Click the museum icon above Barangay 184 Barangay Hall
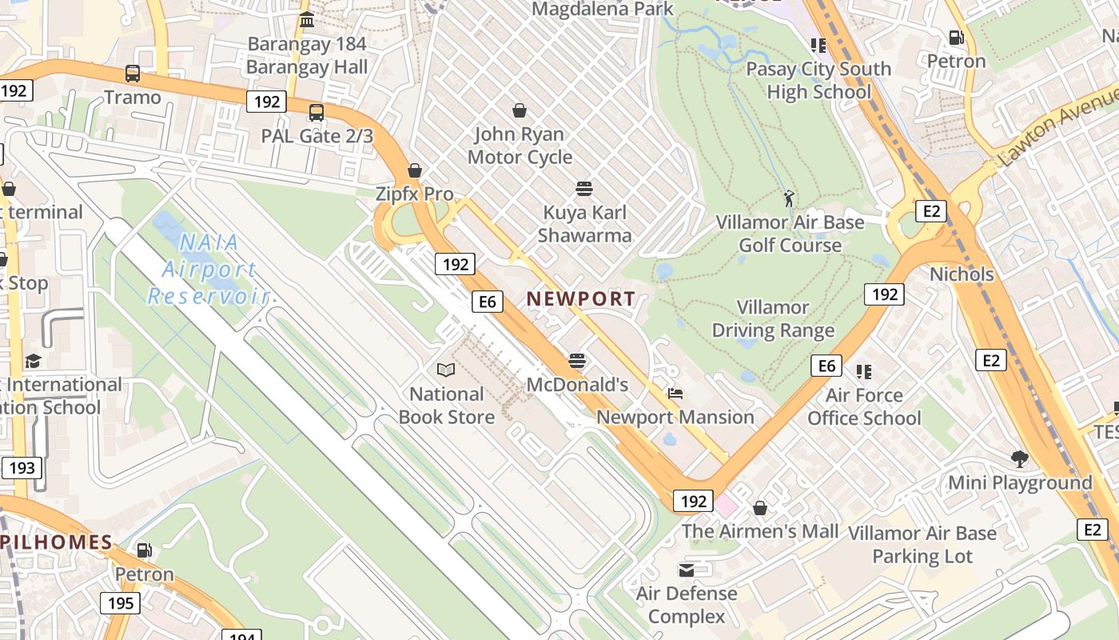pos(306,19)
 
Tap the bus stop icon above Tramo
pos(133,74)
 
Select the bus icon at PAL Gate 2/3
pos(317,113)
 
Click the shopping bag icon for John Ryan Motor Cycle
pos(520,110)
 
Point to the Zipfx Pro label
pos(414,194)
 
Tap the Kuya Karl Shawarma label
pos(584,224)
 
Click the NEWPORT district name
pos(581,298)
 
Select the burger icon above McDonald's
pos(577,362)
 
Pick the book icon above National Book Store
pos(445,370)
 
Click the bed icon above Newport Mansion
pos(675,394)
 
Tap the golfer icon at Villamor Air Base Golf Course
pos(790,198)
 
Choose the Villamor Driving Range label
pos(773,318)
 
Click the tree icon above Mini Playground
pos(1019,459)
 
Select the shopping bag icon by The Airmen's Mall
pos(760,508)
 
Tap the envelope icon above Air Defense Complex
pos(687,570)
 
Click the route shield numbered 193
pos(22,467)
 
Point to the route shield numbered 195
pos(120,602)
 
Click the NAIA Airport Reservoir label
pos(208,270)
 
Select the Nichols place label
pos(962,274)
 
